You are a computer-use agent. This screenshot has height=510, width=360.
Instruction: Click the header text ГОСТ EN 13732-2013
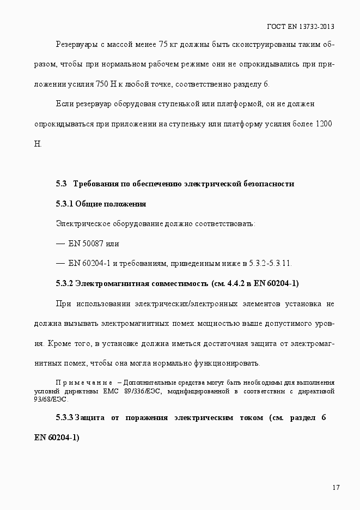[x=301, y=26]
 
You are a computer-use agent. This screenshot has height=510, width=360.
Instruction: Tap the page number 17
[x=336, y=487]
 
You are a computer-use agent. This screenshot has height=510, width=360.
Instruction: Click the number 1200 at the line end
[x=324, y=124]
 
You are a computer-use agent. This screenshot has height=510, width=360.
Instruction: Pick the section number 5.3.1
[x=64, y=204]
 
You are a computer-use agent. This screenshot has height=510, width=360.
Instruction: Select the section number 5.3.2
[x=64, y=283]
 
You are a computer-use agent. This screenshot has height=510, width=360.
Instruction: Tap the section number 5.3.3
[x=64, y=417]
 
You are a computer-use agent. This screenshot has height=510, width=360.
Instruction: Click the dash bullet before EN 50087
[x=60, y=244]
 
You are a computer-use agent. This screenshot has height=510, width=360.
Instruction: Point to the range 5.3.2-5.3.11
[x=270, y=264]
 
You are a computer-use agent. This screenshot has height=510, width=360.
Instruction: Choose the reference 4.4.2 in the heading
[x=235, y=283]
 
